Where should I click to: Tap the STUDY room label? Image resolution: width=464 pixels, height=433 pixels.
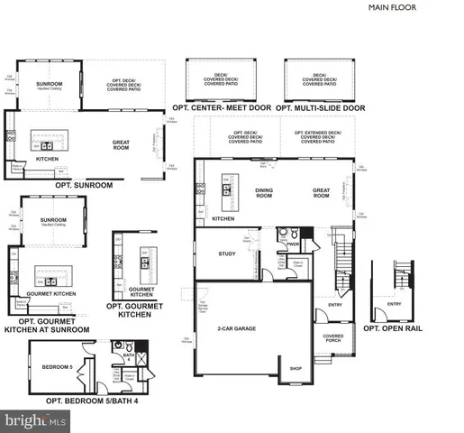click(x=227, y=253)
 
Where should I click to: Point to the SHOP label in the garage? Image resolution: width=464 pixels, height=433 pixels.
click(x=294, y=368)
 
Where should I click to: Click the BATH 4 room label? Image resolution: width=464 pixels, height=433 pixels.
click(x=129, y=358)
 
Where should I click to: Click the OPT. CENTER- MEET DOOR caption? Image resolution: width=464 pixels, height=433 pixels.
click(x=225, y=107)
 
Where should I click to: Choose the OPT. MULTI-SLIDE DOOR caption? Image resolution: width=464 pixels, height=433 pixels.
click(x=321, y=107)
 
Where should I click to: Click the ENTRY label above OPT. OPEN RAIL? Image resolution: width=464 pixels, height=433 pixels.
click(x=394, y=304)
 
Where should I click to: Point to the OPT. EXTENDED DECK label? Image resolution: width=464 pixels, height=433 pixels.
click(x=321, y=136)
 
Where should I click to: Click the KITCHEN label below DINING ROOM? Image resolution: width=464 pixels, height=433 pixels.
click(x=223, y=218)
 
